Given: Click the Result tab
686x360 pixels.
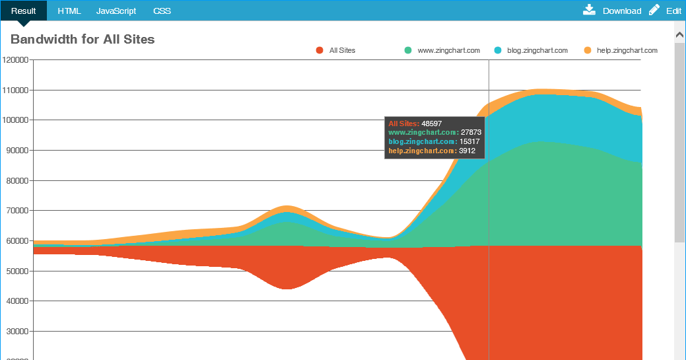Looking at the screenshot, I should (23, 11).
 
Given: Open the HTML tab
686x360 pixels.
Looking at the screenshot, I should (69, 11).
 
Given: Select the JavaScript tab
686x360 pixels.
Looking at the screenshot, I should (116, 11).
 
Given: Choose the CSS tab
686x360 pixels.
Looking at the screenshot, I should (162, 11).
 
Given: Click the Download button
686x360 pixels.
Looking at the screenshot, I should (612, 11).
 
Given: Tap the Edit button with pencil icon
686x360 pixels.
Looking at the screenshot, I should (665, 11).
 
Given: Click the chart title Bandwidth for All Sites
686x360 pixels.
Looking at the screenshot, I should (83, 40).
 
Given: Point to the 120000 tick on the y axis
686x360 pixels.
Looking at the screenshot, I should (16, 60).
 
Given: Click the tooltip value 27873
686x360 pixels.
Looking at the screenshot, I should (471, 133).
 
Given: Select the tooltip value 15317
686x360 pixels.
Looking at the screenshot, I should (469, 142).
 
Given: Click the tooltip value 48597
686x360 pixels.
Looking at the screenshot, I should (432, 124).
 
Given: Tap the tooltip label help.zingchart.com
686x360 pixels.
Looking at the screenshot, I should (422, 151).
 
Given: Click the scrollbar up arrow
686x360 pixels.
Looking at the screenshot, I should (679, 33).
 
